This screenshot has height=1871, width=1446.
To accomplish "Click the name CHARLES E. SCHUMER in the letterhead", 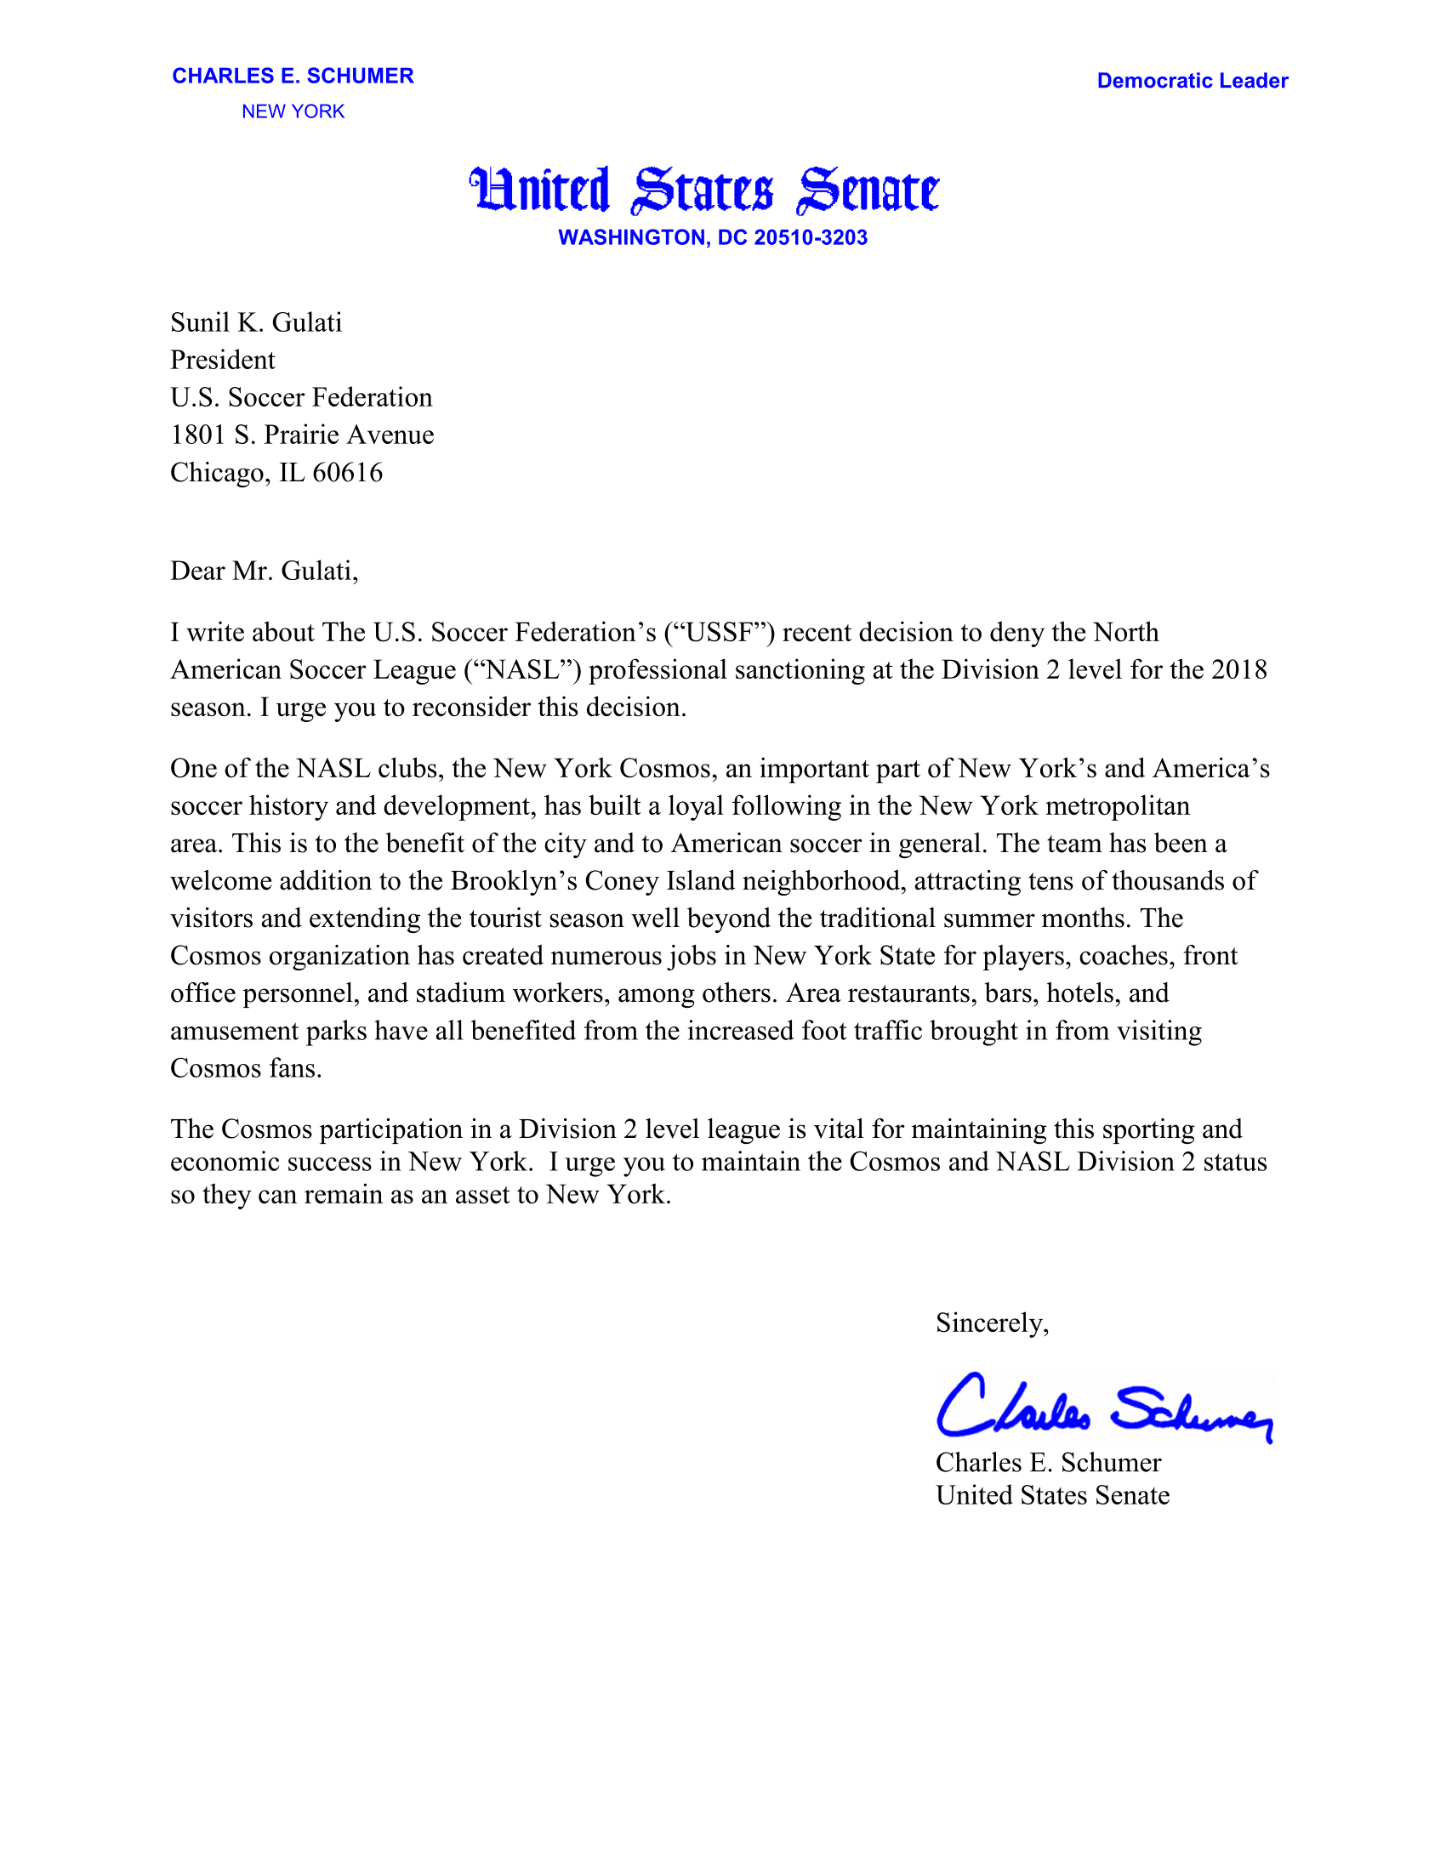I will point(293,77).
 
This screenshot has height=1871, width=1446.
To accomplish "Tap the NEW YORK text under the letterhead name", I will point(293,111).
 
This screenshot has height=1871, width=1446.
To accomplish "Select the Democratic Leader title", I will point(1192,81).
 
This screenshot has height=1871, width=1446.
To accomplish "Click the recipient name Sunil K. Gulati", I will point(256,322).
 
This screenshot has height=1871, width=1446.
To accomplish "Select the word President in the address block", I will point(223,360).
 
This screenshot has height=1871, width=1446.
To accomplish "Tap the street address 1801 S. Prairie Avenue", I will point(303,435).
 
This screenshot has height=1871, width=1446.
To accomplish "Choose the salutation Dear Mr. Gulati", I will point(264,571).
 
